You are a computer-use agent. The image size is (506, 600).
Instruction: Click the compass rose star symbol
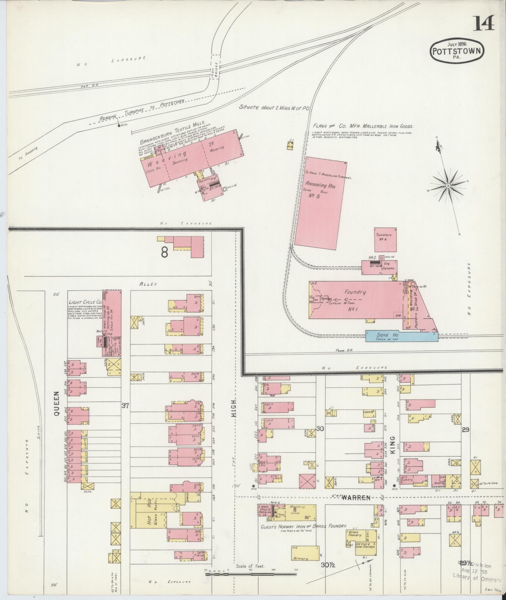tap(448, 186)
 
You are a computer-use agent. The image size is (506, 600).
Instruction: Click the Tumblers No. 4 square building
tap(385, 239)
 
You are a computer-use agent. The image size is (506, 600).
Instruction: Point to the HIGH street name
tap(234, 408)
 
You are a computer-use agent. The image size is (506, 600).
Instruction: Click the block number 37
tap(125, 406)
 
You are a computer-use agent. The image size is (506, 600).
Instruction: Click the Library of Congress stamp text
tap(477, 576)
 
